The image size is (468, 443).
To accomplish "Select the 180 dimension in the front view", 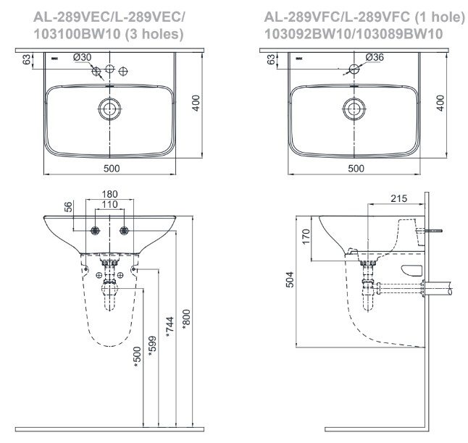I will click(109, 195).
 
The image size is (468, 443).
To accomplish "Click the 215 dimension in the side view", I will click(398, 197).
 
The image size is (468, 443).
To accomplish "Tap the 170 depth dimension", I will click(306, 235).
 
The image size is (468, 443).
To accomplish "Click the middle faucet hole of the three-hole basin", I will click(109, 69).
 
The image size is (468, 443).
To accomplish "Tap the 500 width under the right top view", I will click(355, 168).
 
